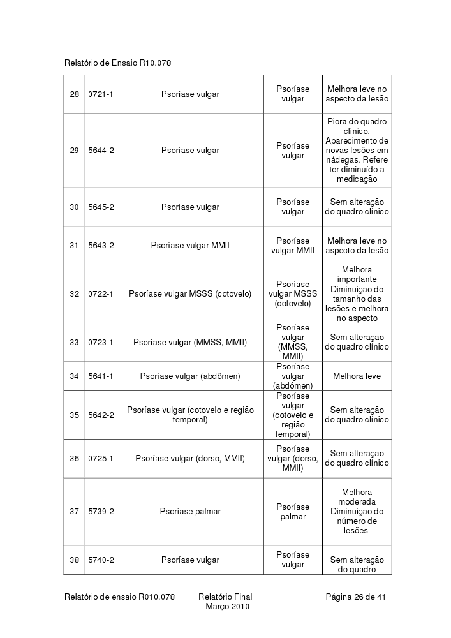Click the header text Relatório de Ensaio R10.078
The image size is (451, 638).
tap(118, 63)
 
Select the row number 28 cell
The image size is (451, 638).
tap(75, 94)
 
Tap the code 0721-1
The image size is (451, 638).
tap(101, 94)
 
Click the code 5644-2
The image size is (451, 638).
tap(101, 151)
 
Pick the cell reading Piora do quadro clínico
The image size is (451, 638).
tap(357, 151)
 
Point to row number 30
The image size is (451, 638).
tap(75, 207)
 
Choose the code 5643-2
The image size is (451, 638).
tap(101, 246)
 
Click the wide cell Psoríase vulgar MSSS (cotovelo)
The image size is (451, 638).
tap(190, 294)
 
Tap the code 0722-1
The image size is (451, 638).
tap(101, 294)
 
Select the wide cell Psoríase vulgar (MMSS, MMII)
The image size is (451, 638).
tap(190, 343)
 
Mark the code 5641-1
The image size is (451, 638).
tap(101, 376)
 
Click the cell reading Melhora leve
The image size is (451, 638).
tap(357, 376)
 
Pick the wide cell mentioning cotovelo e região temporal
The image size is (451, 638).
tap(190, 415)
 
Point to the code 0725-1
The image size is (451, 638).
tap(101, 459)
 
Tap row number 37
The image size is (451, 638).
tap(75, 512)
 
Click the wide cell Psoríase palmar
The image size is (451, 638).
tap(190, 512)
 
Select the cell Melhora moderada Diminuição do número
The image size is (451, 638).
tap(357, 512)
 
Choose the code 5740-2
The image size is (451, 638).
tap(101, 560)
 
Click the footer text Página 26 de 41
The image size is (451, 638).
tap(356, 597)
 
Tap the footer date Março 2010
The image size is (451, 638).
tap(227, 607)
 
